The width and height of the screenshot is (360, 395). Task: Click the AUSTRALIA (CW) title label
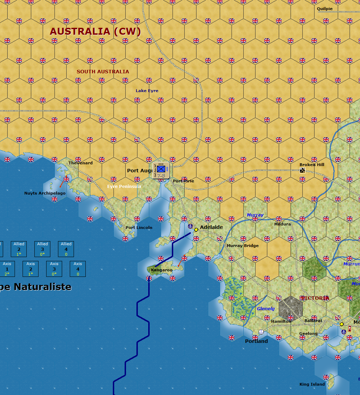point(95,32)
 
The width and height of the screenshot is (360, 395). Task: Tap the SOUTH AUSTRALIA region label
point(103,72)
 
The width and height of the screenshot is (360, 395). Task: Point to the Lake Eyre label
point(147,91)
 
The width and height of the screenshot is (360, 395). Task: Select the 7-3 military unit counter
point(161,170)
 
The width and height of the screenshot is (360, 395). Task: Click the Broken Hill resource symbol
point(302,170)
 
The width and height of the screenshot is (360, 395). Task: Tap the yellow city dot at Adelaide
point(196,230)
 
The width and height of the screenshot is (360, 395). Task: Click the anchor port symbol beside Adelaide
point(190,227)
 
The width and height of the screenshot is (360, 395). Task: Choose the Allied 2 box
point(19,249)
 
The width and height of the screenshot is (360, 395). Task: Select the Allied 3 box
point(43,249)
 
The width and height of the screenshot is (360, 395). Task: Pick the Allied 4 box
point(66,249)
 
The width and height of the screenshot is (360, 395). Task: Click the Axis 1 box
point(7,269)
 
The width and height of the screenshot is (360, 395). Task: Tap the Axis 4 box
point(78,269)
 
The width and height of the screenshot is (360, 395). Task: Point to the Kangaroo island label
point(162,270)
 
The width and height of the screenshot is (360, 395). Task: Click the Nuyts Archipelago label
point(45,193)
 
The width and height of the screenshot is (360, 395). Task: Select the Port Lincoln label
point(139,228)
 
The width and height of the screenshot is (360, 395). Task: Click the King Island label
point(312,384)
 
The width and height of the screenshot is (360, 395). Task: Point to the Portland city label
point(257,341)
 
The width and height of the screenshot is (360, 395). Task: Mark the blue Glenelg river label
point(266,308)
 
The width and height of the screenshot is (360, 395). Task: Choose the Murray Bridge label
point(243,246)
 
